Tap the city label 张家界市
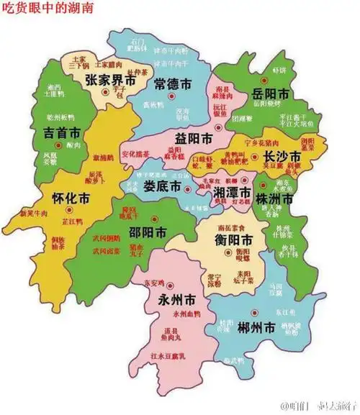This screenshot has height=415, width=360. point(110,81)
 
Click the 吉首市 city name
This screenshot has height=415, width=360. point(61,133)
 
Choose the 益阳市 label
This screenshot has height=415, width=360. point(194,137)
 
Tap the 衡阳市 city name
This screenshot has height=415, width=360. point(233,240)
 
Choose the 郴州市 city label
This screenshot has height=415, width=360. point(256,329)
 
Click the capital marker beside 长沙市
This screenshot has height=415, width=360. point(253,155)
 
